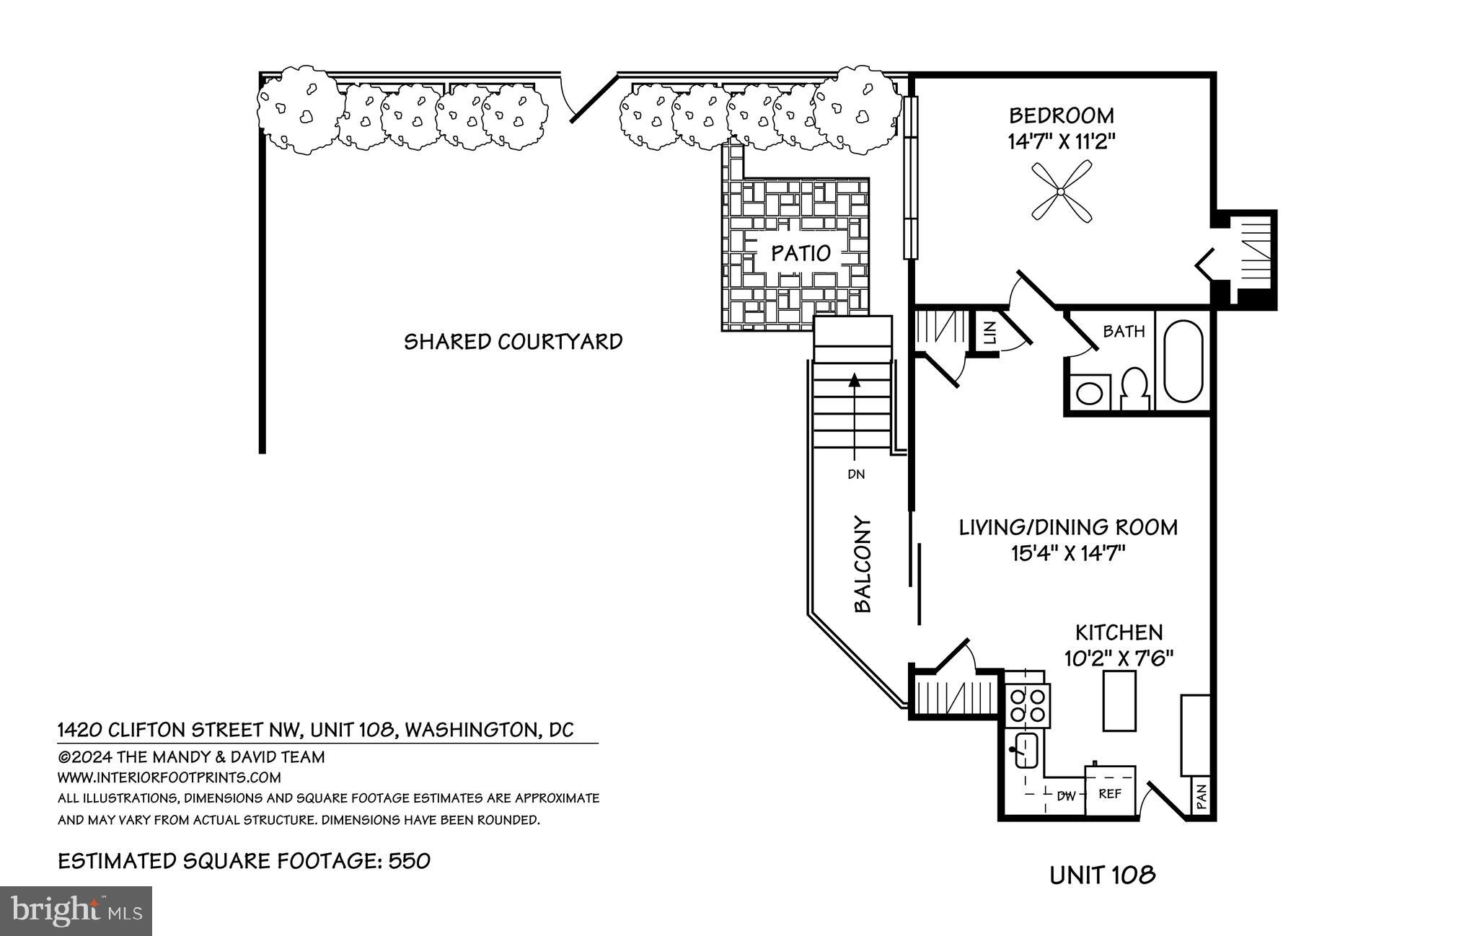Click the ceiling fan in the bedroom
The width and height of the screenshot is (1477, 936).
pos(1061,191)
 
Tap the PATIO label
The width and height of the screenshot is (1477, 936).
pos(801,253)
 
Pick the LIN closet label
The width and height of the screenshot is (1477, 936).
pos(989,332)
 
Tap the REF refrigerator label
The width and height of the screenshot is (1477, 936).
pos(1110,794)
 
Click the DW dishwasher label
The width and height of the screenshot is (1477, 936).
pos(1067,796)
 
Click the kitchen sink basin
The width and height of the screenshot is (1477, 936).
pos(1025,750)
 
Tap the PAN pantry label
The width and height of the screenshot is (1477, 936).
pos(1201,798)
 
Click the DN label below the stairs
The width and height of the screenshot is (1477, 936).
pos(856,474)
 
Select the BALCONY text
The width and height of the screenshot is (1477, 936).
pos(863,565)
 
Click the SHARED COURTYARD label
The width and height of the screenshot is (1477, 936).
pos(513,341)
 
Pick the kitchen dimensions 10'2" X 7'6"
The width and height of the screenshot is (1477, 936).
pos(1119,658)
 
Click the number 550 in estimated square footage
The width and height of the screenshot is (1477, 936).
pos(409,861)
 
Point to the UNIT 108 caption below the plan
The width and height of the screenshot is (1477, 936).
pos(1103,875)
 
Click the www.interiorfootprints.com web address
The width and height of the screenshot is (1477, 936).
pos(169,777)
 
